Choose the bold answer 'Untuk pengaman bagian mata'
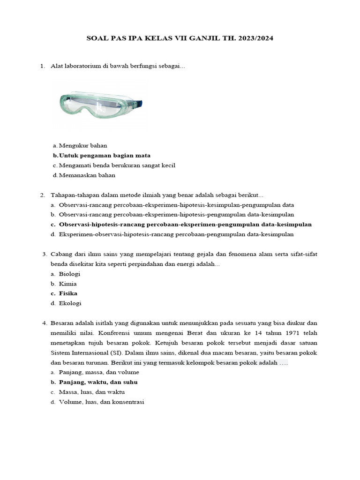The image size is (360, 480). [x=105, y=156]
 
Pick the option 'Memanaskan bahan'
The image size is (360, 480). [x=87, y=175]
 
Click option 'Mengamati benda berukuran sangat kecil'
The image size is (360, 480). [x=117, y=165]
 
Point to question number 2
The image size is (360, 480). [x=42, y=195]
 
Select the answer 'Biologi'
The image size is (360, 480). [x=69, y=274]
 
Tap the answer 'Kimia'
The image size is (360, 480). [x=67, y=284]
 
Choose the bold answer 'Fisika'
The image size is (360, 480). [x=68, y=293]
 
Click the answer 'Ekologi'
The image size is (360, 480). [x=70, y=303]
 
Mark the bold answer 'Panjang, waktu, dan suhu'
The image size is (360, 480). [x=98, y=382]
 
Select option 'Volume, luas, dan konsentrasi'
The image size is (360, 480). [x=101, y=402]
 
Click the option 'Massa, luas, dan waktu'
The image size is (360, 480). [x=91, y=392]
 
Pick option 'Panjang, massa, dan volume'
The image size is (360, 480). [x=99, y=372]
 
